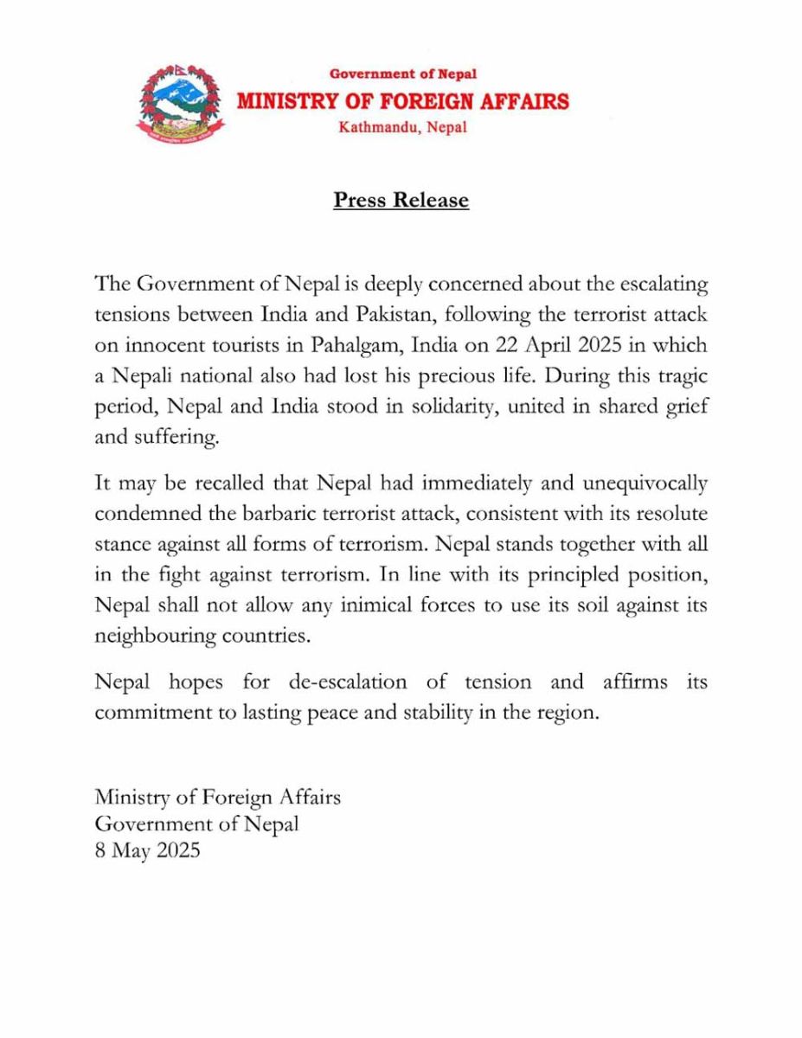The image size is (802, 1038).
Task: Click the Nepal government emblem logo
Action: point(180,101)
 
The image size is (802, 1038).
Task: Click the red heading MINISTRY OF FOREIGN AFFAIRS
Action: point(403,101)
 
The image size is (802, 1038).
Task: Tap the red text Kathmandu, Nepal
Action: point(403,127)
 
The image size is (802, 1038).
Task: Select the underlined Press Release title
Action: point(401,201)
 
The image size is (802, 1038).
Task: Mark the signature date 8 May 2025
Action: point(148,850)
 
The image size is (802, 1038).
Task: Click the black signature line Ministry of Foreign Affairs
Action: point(218,796)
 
